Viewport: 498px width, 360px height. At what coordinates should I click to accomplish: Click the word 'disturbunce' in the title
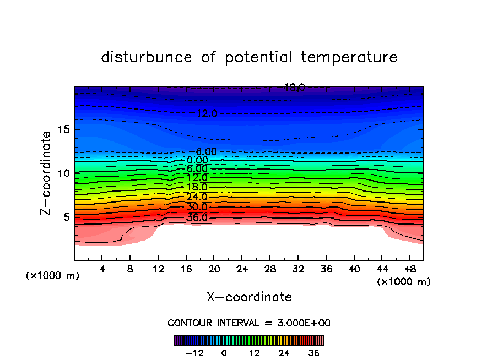pos(147,57)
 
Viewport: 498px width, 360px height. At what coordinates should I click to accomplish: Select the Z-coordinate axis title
pos(47,173)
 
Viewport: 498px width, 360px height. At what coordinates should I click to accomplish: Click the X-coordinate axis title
pos(249,297)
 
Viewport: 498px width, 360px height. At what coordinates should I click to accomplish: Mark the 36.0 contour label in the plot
pos(197,217)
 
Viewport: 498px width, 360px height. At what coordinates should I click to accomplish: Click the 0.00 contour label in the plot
pos(197,160)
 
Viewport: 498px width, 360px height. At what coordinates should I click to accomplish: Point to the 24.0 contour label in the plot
pos(197,197)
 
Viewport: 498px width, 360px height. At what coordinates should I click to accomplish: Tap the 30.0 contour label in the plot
pos(197,207)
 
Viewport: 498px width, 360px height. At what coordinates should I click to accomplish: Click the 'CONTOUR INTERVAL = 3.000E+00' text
pos(249,323)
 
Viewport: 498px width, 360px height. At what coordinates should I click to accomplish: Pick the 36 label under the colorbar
pos(314,353)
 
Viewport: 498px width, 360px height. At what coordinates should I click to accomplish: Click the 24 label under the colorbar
pos(284,353)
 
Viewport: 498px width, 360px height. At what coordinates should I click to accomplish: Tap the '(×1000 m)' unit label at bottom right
pos(404,282)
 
